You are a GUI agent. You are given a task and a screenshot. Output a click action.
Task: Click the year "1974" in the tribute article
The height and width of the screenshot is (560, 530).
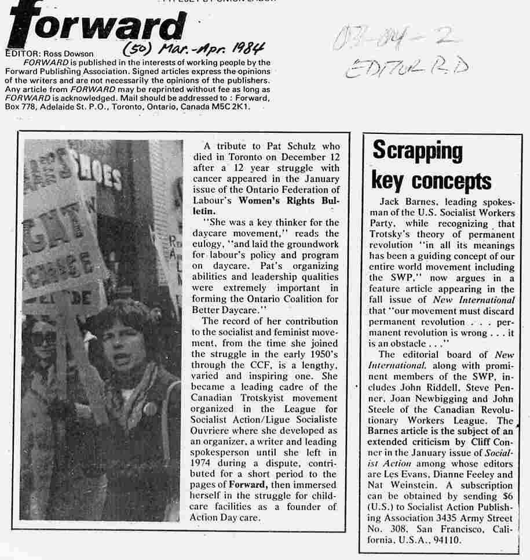click(203, 474)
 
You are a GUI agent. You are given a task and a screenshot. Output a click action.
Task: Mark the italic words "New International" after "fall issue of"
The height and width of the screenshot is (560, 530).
click(474, 300)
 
